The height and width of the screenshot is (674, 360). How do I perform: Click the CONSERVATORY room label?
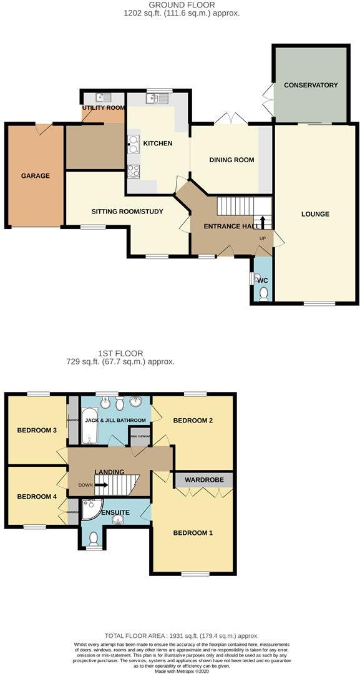310,85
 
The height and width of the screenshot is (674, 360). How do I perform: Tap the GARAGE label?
36,176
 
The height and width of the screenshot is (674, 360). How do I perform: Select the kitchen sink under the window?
157,98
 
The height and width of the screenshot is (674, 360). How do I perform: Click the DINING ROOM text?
231,160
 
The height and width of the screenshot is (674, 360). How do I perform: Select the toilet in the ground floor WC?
263,293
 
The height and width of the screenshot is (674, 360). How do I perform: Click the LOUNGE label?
315,214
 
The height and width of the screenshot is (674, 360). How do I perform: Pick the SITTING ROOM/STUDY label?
127,212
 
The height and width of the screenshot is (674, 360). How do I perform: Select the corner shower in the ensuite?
92,509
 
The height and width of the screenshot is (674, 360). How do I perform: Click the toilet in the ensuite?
94,539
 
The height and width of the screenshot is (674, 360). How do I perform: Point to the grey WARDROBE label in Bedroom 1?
203,480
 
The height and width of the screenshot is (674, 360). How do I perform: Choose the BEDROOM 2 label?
193,421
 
